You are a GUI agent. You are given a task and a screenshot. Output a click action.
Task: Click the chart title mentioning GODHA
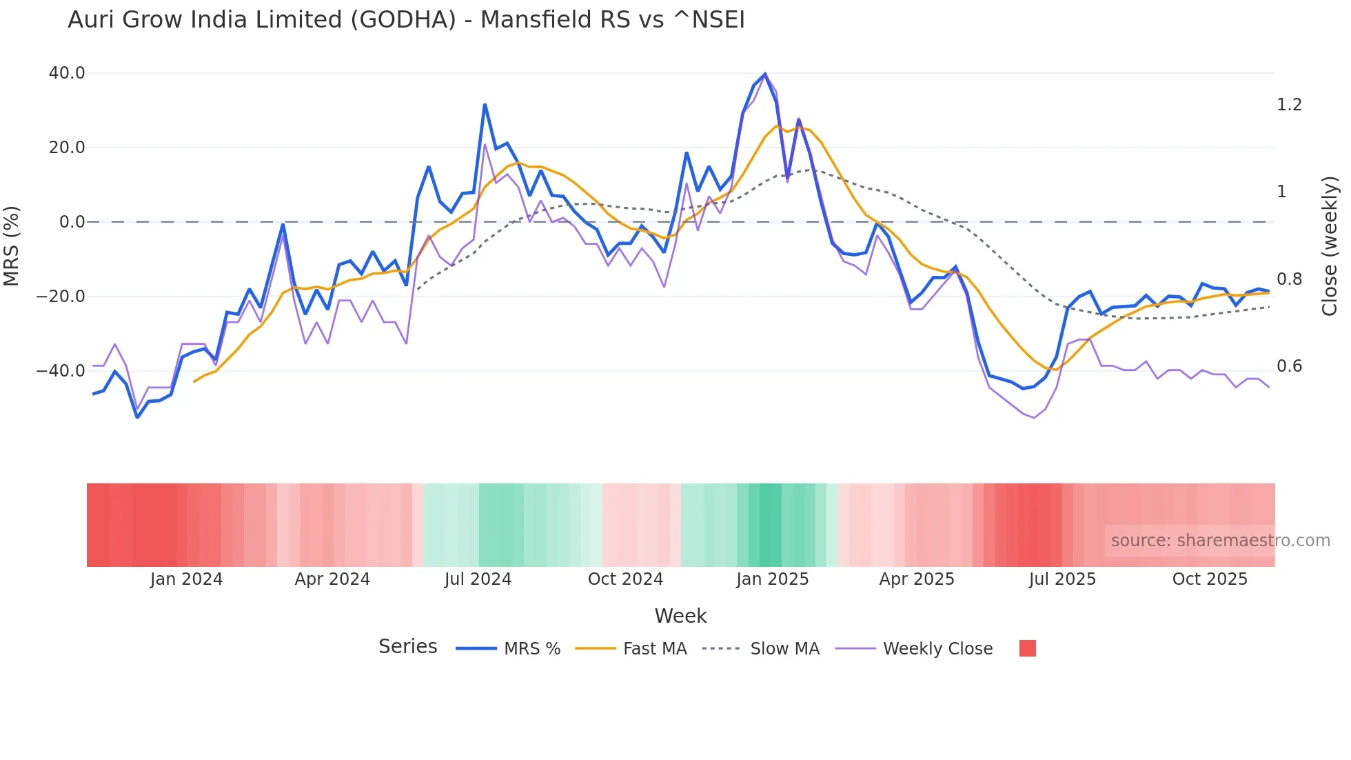click(406, 20)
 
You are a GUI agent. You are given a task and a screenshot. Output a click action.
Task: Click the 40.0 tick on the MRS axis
click(67, 73)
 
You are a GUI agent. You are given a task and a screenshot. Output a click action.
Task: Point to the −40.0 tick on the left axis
click(61, 371)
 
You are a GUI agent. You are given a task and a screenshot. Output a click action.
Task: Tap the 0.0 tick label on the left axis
click(72, 222)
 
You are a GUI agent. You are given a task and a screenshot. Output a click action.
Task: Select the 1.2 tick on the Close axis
click(1289, 105)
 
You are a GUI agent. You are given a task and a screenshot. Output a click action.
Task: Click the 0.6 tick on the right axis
click(1289, 366)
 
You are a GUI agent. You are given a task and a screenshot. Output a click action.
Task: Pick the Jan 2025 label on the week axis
click(772, 579)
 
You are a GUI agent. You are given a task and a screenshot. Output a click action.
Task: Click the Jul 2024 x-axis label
click(478, 579)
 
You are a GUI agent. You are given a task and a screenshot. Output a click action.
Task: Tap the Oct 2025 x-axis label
click(1210, 579)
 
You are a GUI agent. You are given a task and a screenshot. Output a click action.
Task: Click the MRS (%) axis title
click(12, 246)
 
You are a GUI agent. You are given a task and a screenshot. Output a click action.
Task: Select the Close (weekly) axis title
click(1330, 246)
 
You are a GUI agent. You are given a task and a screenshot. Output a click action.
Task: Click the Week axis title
click(680, 616)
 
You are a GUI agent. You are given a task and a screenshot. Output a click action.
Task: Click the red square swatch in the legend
click(1027, 648)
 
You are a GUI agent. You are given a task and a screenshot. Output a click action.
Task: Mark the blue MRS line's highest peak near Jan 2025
click(765, 74)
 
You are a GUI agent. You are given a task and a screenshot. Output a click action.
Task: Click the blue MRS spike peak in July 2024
click(485, 105)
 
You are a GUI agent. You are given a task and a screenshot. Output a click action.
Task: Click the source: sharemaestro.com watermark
click(1220, 541)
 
